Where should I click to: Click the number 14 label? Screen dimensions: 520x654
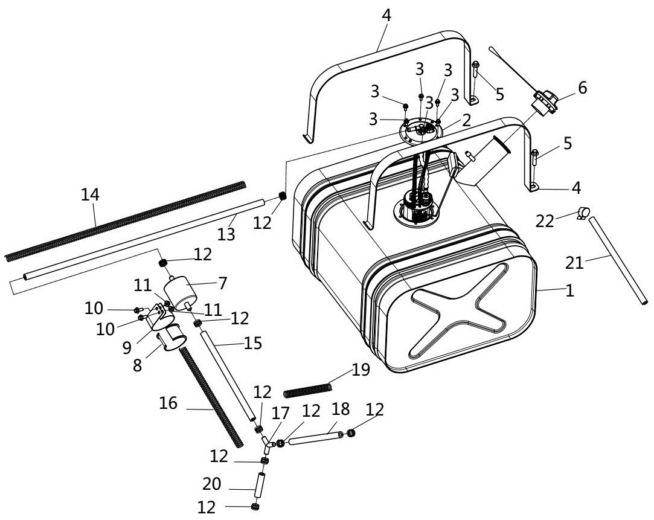pos(91,195)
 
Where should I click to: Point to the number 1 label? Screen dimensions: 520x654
pos(570,291)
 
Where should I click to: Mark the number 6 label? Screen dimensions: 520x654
pos(582,88)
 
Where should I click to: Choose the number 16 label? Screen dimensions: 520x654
pos(168,403)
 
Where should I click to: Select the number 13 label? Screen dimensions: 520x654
pos(226,234)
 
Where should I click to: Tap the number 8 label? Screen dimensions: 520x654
pos(138,365)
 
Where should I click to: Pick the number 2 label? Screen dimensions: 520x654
pos(466,120)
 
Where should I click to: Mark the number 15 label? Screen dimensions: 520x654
pos(252,344)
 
